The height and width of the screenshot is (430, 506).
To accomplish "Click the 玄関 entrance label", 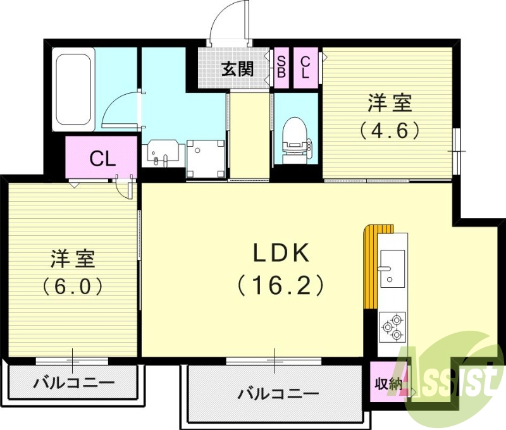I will pyautogui.click(x=237, y=69).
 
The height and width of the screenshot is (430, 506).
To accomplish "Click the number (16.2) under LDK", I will pyautogui.click(x=281, y=285).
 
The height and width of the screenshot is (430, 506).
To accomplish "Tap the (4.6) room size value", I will pyautogui.click(x=390, y=131).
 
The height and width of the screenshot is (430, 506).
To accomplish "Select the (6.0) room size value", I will pyautogui.click(x=73, y=286).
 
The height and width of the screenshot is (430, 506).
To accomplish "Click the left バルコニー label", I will pyautogui.click(x=73, y=383).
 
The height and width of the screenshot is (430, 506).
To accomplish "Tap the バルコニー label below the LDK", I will pyautogui.click(x=278, y=394).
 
